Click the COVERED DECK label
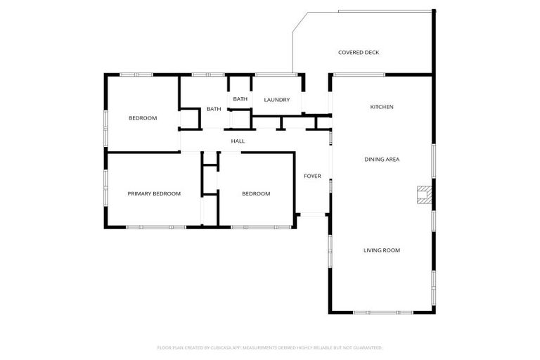pos(359,52)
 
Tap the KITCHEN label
pos(382,107)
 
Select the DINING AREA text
pos(382,160)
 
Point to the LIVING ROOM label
pos(382,250)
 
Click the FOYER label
pos(312,176)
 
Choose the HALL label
pos(238,141)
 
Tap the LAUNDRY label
pos(276,100)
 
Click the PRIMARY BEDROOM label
pos(154,193)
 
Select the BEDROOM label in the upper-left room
pos(142,118)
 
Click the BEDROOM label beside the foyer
pos(255,193)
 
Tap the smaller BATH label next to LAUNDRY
pos(240,99)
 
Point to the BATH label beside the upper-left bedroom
pos(214,109)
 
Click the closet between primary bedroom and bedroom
pos(210,179)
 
